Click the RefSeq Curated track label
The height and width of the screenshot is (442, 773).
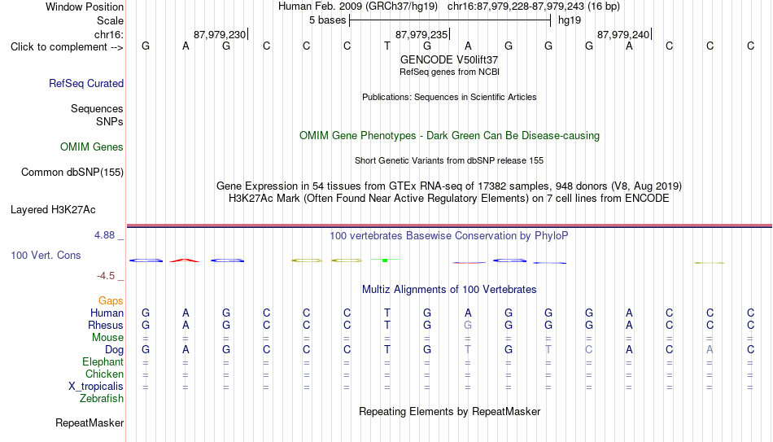pyautogui.click(x=86, y=83)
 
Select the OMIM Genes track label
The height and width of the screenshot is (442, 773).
pyautogui.click(x=92, y=147)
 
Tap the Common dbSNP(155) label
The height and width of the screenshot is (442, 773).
pyautogui.click(x=72, y=173)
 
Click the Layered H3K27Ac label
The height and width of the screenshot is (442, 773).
pyautogui.click(x=53, y=210)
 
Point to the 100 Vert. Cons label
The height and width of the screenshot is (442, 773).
pyautogui.click(x=46, y=255)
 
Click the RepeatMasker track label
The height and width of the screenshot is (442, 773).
pyautogui.click(x=90, y=422)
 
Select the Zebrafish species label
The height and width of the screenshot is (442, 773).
pyautogui.click(x=102, y=398)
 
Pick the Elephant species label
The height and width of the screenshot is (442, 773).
pyautogui.click(x=103, y=361)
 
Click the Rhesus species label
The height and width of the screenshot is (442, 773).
pyautogui.click(x=106, y=325)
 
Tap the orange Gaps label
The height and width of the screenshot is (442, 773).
pyautogui.click(x=111, y=300)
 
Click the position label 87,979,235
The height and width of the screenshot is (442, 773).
pyautogui.click(x=421, y=34)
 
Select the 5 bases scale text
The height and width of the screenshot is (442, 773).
pyautogui.click(x=327, y=20)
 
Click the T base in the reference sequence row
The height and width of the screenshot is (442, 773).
pyautogui.click(x=387, y=46)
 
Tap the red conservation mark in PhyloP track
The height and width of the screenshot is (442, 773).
pyautogui.click(x=185, y=260)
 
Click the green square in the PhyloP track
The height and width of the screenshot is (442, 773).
pyautogui.click(x=385, y=260)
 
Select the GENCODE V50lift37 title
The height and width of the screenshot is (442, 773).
pyautogui.click(x=449, y=59)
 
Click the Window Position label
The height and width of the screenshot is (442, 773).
pyautogui.click(x=85, y=7)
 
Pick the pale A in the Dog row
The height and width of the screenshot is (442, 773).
pyautogui.click(x=710, y=349)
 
